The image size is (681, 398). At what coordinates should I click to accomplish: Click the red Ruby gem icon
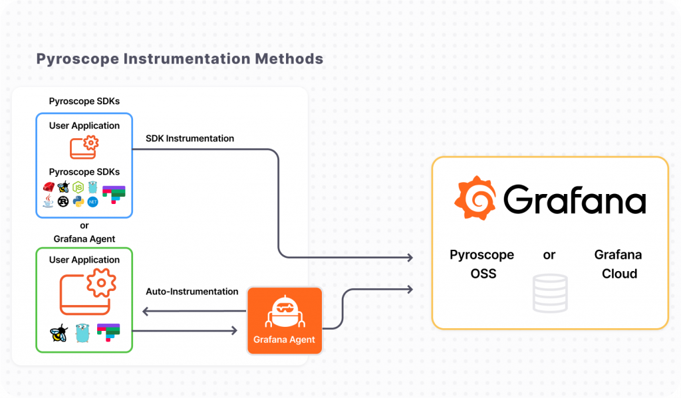[49, 187]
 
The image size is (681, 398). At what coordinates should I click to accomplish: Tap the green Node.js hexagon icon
[78, 187]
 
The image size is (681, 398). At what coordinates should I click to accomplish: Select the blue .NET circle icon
[92, 201]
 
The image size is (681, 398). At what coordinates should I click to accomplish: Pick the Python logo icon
[78, 201]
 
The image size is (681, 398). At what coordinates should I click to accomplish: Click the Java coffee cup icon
[48, 201]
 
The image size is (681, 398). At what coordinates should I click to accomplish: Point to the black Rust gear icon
[63, 201]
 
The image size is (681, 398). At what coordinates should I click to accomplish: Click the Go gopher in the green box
[82, 333]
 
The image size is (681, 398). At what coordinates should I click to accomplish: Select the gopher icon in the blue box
[92, 187]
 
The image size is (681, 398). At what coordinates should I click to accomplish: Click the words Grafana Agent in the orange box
[284, 340]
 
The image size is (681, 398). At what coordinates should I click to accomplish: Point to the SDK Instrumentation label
[190, 139]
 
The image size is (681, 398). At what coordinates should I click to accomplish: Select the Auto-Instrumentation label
[192, 291]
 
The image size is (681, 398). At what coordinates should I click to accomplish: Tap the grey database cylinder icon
[549, 293]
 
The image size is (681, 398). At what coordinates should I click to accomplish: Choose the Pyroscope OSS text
[482, 264]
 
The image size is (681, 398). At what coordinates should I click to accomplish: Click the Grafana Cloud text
[618, 264]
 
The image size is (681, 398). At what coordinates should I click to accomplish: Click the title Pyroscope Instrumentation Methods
[180, 58]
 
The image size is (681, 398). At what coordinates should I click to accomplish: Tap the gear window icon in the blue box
[84, 147]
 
